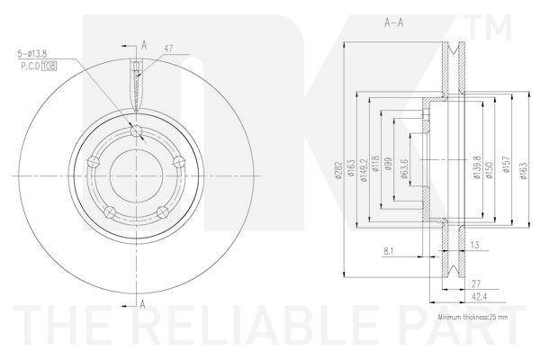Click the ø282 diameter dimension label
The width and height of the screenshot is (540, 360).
tap(338, 170)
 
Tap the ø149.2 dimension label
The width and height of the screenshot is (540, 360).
tap(364, 170)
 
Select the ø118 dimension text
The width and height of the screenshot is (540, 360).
tap(375, 163)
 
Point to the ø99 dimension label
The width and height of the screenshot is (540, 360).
tap(389, 164)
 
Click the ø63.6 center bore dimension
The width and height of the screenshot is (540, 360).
tap(404, 169)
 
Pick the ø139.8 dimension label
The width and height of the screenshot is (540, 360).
tap(477, 167)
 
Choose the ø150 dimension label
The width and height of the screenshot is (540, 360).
tap(490, 170)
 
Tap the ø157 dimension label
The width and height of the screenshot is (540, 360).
tap(507, 165)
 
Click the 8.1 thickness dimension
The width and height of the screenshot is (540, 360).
tap(389, 251)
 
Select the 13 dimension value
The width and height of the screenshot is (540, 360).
tap(474, 245)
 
